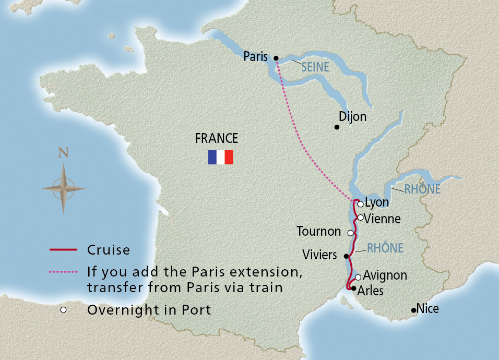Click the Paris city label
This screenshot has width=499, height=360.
click(x=255, y=57)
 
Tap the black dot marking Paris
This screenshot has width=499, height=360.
click(x=276, y=58)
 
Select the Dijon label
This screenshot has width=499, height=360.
click(x=352, y=117)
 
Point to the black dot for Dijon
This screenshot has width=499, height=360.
click(x=337, y=127)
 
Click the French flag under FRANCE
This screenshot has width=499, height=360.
click(x=220, y=157)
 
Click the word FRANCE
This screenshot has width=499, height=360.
click(x=216, y=138)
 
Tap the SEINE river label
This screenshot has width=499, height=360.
click(x=315, y=67)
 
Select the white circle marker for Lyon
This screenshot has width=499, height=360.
click(x=360, y=204)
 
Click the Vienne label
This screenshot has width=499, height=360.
click(x=383, y=219)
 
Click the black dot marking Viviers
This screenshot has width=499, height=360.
click(x=346, y=256)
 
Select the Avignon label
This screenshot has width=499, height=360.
click(x=385, y=275)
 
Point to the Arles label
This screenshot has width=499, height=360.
click(x=371, y=291)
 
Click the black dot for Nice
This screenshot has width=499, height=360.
click(x=413, y=310)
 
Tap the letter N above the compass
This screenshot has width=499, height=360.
click(x=63, y=152)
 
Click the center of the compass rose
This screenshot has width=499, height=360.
click(x=63, y=188)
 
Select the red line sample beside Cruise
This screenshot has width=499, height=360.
click(x=63, y=250)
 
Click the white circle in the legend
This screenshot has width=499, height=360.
click(x=63, y=310)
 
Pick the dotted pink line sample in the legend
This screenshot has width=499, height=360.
click(x=63, y=272)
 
